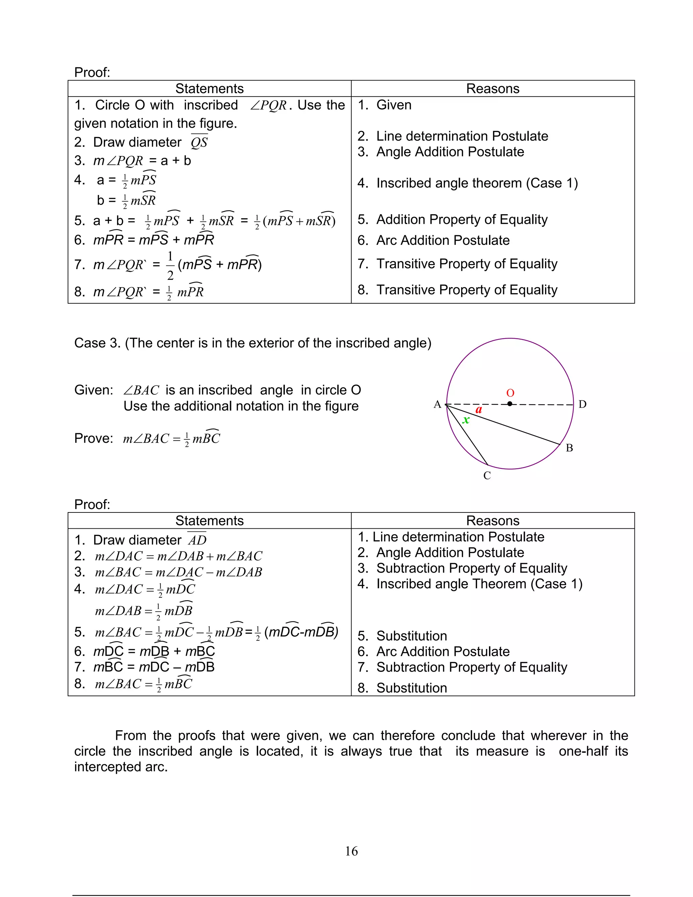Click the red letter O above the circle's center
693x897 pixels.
point(510,393)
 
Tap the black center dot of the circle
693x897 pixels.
point(510,404)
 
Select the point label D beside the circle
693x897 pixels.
point(582,404)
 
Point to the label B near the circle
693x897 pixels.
point(569,448)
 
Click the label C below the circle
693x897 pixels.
point(487,476)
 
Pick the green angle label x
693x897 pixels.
point(466,420)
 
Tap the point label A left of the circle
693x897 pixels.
point(437,404)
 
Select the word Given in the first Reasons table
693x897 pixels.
point(394,105)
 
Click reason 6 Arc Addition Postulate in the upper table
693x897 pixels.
point(443,240)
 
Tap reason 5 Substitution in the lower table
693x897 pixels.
point(411,636)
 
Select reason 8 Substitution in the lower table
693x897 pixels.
point(411,688)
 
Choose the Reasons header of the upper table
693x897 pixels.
point(493,89)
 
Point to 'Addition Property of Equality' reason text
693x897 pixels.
point(462,220)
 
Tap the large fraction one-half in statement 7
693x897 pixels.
point(170,266)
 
